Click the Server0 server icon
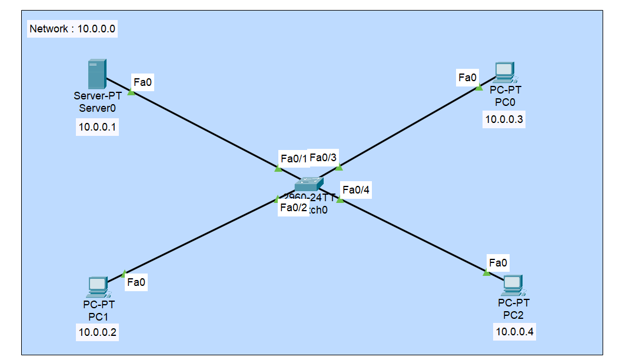click(x=97, y=74)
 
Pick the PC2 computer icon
click(x=513, y=285)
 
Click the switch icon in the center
click(x=309, y=184)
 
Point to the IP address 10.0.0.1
click(x=98, y=126)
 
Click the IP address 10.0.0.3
click(x=504, y=120)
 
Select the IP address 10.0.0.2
click(x=98, y=333)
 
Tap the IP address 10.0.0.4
click(x=515, y=332)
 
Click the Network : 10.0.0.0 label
click(x=73, y=29)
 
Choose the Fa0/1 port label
click(x=294, y=158)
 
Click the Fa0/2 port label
click(x=294, y=208)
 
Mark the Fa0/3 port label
click(x=323, y=157)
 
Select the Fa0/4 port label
click(x=356, y=189)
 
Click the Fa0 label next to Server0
click(x=143, y=82)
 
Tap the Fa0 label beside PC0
click(x=467, y=77)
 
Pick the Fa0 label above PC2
click(x=498, y=262)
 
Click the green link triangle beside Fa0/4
click(x=340, y=200)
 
